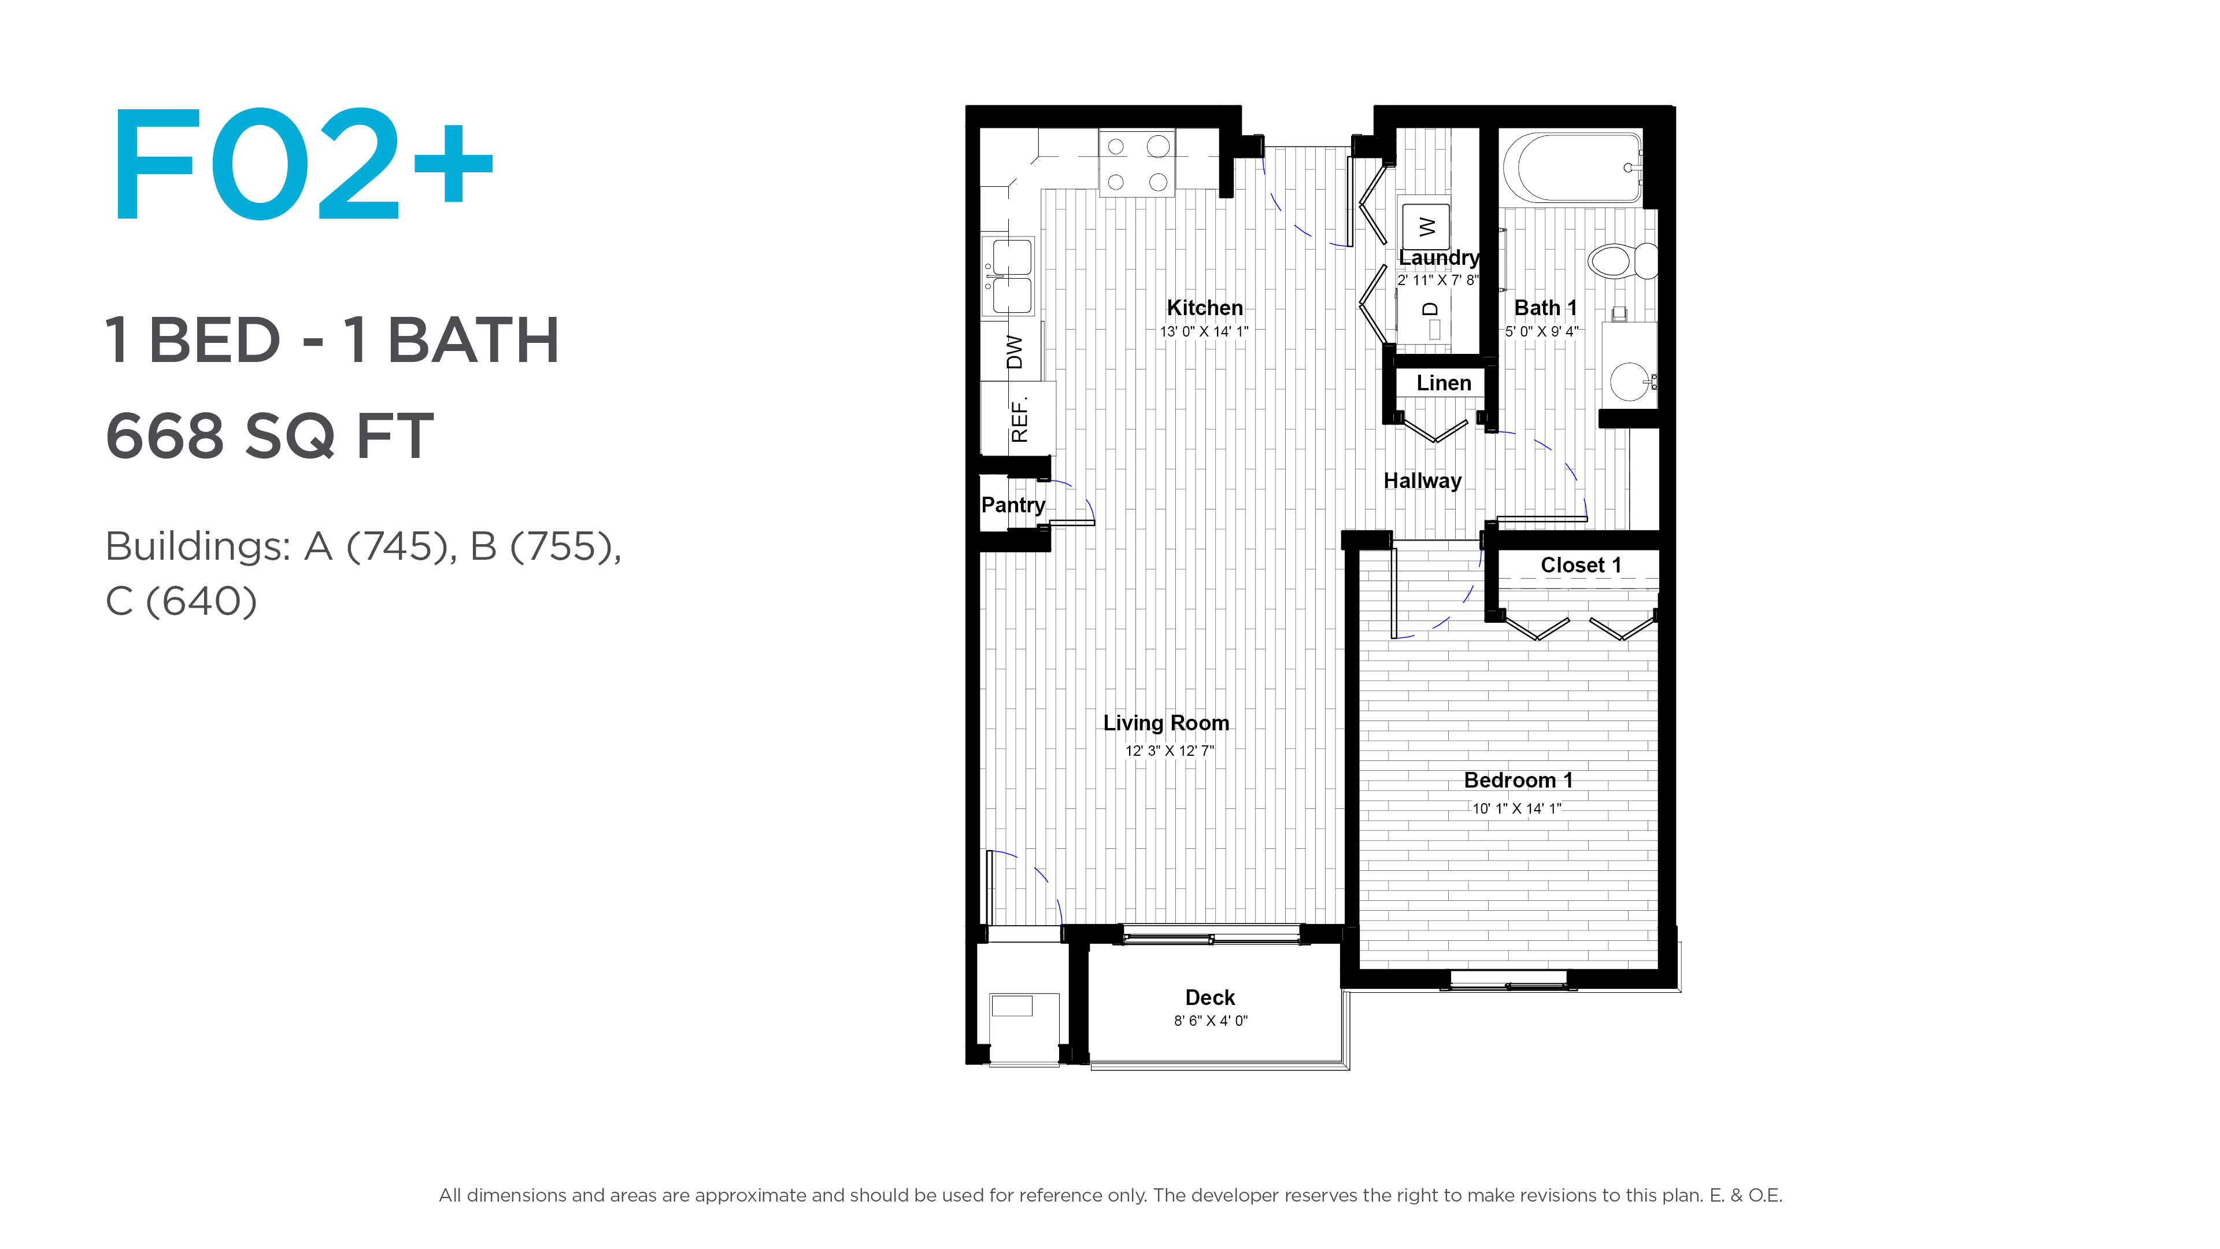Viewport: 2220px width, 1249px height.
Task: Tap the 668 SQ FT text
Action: pyautogui.click(x=270, y=435)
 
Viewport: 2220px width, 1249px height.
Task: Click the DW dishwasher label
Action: pyautogui.click(x=1015, y=352)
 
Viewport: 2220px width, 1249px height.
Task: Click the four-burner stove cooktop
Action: pyautogui.click(x=1137, y=164)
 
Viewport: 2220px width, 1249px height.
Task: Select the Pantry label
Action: pyautogui.click(x=1013, y=505)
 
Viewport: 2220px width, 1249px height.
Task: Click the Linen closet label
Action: pyautogui.click(x=1444, y=383)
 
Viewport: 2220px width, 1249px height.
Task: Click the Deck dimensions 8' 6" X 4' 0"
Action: pyautogui.click(x=1211, y=1021)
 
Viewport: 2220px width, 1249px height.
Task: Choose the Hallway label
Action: pyautogui.click(x=1423, y=481)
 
